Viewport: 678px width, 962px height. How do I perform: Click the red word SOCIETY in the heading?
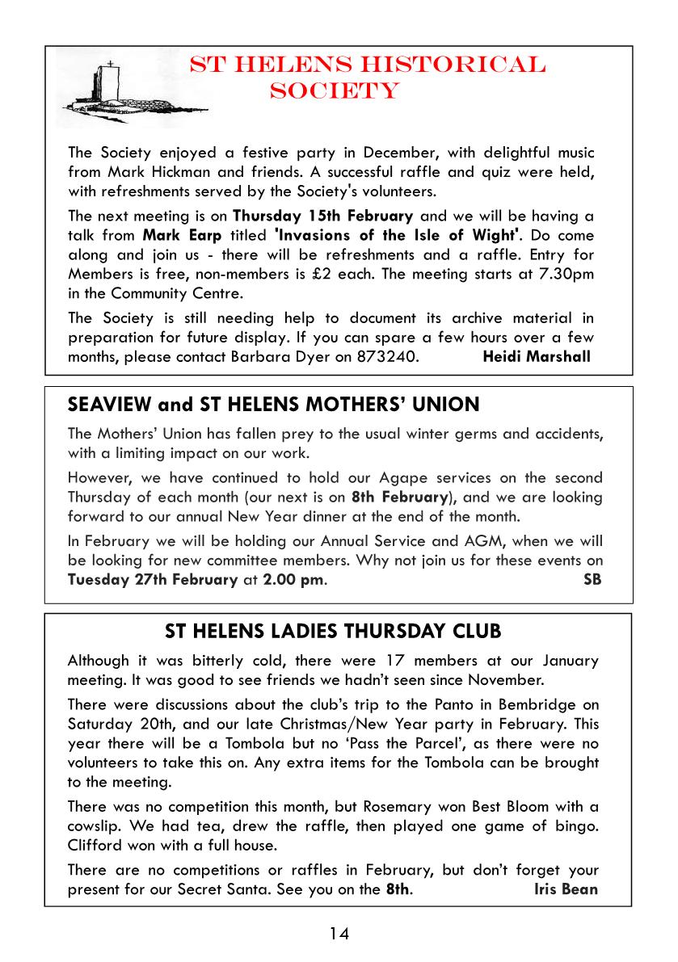[x=335, y=90]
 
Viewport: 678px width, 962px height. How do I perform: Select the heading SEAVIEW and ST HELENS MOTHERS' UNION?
[x=274, y=404]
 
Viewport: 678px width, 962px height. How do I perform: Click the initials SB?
[x=592, y=579]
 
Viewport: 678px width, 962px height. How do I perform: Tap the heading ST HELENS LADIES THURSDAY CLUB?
[x=333, y=630]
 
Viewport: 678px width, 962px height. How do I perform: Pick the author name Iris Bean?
[x=566, y=889]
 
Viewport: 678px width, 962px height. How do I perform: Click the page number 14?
[x=339, y=934]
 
